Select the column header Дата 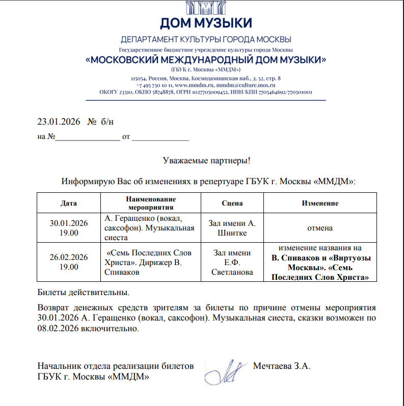coord(69,203)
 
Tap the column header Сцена coord(232,203)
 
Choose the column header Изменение coord(320,203)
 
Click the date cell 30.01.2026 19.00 coord(69,228)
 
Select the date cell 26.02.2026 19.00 coord(69,262)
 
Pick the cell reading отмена coord(320,228)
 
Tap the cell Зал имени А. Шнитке coord(232,228)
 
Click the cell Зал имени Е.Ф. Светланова coord(232,262)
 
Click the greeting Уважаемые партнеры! coord(206,161)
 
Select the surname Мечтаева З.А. coord(281,366)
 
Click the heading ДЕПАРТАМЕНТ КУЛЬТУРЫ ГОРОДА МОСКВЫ coord(206,40)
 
